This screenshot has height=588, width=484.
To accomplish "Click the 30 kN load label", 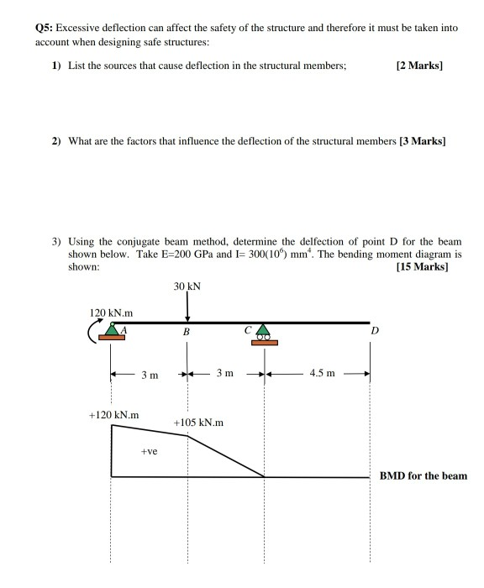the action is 187,287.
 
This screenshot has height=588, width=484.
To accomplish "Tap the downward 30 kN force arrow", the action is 187,308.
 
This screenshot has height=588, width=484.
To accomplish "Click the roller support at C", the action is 265,333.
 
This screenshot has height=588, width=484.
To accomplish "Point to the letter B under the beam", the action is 187,333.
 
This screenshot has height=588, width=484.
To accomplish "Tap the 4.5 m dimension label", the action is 322,373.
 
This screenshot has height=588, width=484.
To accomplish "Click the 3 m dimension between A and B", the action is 149,374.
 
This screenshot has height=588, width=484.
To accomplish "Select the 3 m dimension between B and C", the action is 225,373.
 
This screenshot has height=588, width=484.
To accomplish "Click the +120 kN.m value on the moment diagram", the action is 113,415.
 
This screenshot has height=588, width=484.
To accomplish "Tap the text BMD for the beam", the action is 423,475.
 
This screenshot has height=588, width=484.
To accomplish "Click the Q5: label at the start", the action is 45,28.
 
